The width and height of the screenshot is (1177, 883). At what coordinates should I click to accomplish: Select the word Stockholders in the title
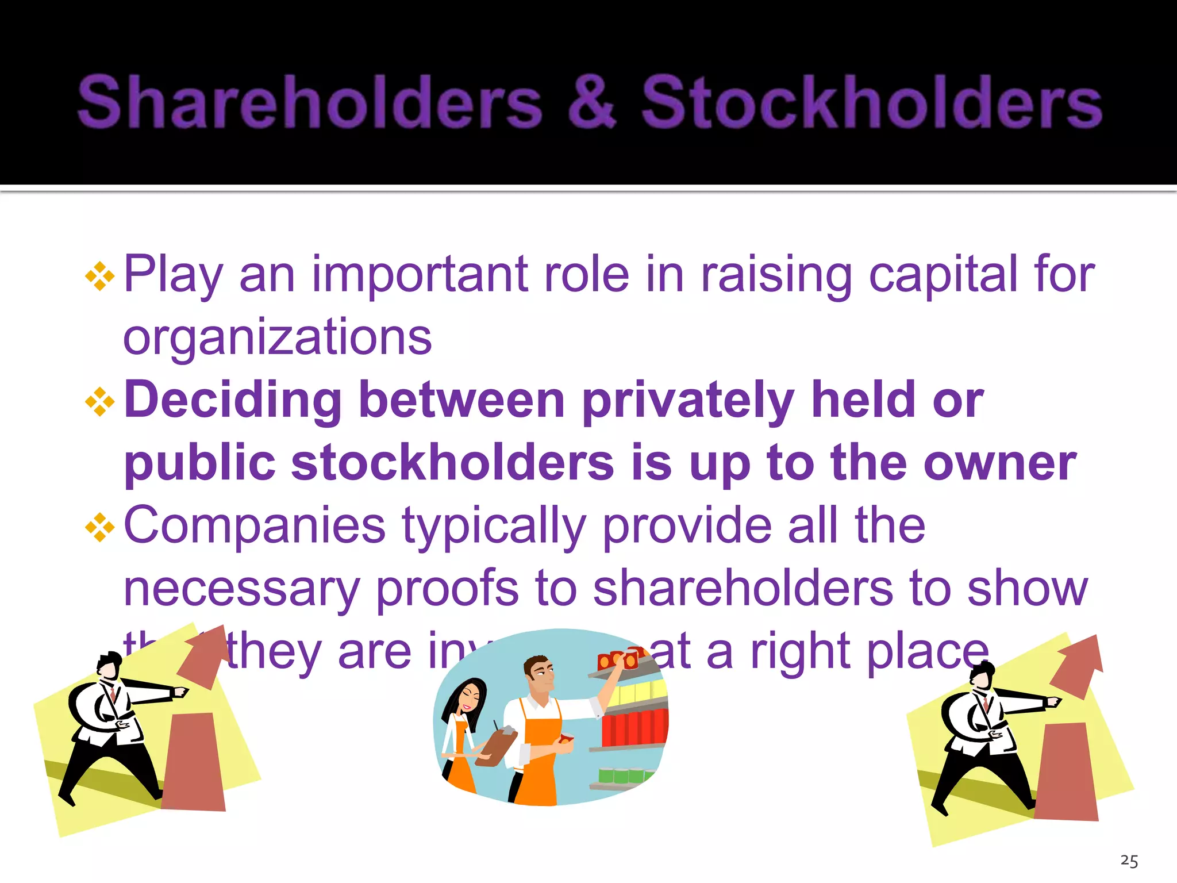871,102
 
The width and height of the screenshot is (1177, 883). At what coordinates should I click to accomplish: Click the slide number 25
1129,861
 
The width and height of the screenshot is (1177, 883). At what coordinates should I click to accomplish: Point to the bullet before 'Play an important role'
100,277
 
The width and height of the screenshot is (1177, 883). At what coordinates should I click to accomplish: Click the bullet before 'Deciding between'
100,402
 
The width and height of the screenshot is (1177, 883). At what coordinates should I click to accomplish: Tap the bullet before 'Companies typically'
100,527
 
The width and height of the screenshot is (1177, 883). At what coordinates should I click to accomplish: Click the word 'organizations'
277,338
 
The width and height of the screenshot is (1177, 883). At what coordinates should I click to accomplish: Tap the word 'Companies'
255,526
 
